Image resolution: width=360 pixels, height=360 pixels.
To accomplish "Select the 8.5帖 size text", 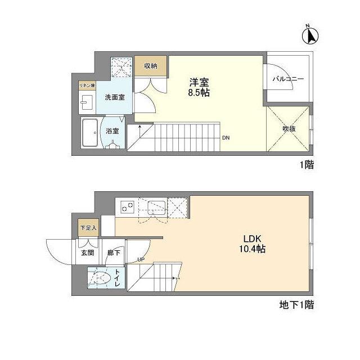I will click(x=199, y=93).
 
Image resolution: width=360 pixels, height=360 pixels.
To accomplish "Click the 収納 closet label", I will click(x=150, y=66).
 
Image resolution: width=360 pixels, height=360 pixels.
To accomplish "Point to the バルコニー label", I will click(x=288, y=79).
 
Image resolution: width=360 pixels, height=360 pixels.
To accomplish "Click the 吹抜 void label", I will click(x=289, y=128).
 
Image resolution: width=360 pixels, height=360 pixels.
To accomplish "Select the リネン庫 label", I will click(x=87, y=85).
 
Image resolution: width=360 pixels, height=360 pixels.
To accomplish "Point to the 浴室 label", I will click(x=112, y=131).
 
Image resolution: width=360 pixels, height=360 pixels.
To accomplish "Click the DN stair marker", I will click(x=225, y=138).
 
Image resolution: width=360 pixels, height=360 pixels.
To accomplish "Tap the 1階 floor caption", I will click(x=306, y=165).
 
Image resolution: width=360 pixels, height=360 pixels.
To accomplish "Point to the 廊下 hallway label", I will click(x=114, y=253).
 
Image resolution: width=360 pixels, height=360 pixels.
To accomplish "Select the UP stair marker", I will click(x=142, y=259).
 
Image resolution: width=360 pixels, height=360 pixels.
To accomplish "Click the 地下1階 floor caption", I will click(x=296, y=306).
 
